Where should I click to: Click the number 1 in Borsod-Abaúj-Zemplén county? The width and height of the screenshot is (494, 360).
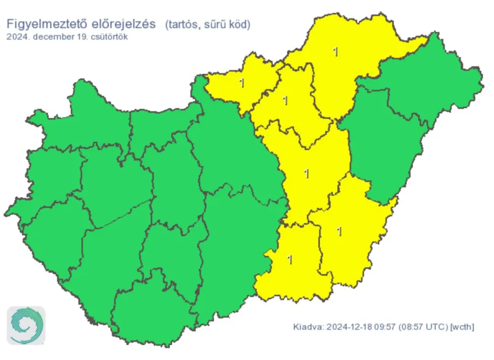tap(335, 51)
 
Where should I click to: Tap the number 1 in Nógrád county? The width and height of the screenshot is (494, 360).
tap(242, 82)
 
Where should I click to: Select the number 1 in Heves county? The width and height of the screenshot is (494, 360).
tap(285, 101)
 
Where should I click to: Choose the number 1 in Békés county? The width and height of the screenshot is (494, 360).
tap(340, 232)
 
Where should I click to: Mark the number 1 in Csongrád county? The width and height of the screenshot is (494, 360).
tap(290, 260)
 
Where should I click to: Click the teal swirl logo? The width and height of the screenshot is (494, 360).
tap(26, 325)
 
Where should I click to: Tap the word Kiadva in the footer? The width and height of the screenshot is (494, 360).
tap(307, 326)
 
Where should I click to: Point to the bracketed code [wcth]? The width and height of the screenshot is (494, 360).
tap(462, 326)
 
